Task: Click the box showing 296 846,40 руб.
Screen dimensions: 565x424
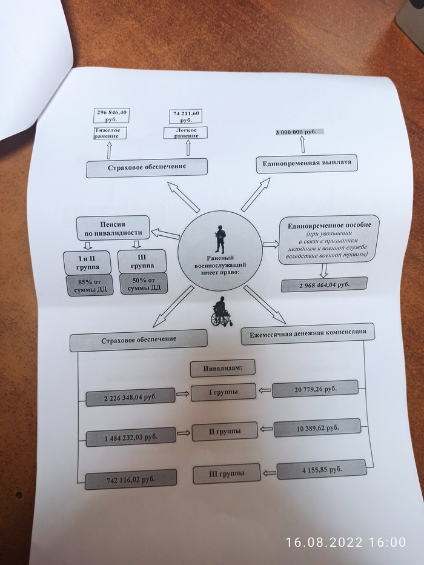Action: click(x=113, y=115)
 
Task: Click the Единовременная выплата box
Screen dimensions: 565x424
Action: click(x=307, y=164)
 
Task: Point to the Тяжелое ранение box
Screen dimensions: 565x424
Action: click(x=110, y=133)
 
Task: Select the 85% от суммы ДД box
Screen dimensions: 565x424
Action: click(x=87, y=284)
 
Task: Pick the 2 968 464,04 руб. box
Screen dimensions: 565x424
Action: click(x=324, y=284)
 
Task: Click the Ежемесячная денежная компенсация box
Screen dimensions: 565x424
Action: click(x=308, y=334)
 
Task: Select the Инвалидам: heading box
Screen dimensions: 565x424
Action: click(x=221, y=367)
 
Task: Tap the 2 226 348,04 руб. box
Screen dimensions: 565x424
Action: click(x=130, y=396)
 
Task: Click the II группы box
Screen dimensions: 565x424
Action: click(x=224, y=431)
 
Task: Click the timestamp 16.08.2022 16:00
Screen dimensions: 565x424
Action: click(x=345, y=541)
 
